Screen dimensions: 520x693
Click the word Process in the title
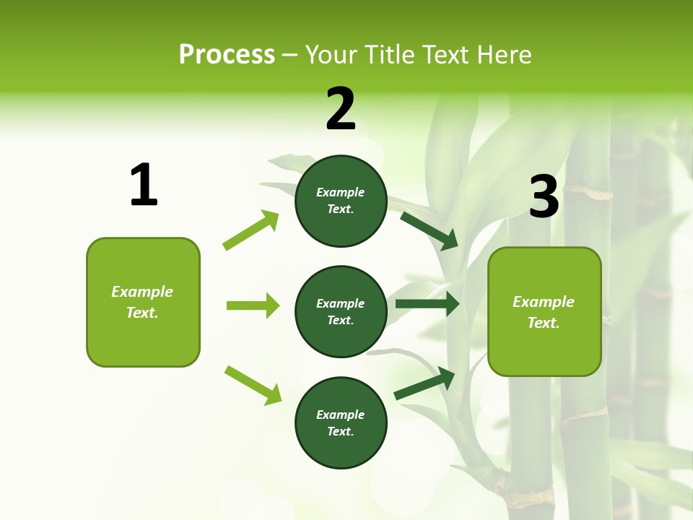[x=227, y=55]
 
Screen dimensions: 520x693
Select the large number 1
[x=144, y=185]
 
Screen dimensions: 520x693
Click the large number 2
[x=341, y=109]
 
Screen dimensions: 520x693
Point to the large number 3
[x=544, y=196]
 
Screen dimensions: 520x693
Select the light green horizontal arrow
[x=253, y=305]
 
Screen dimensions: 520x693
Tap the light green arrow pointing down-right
[x=253, y=385]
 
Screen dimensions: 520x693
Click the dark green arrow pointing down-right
[x=430, y=230]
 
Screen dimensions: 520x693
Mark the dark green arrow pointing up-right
[x=425, y=383]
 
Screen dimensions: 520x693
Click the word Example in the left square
[x=142, y=292]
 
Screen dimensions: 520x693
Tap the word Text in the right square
[x=543, y=323]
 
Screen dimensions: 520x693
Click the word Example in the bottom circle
[x=340, y=415]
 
